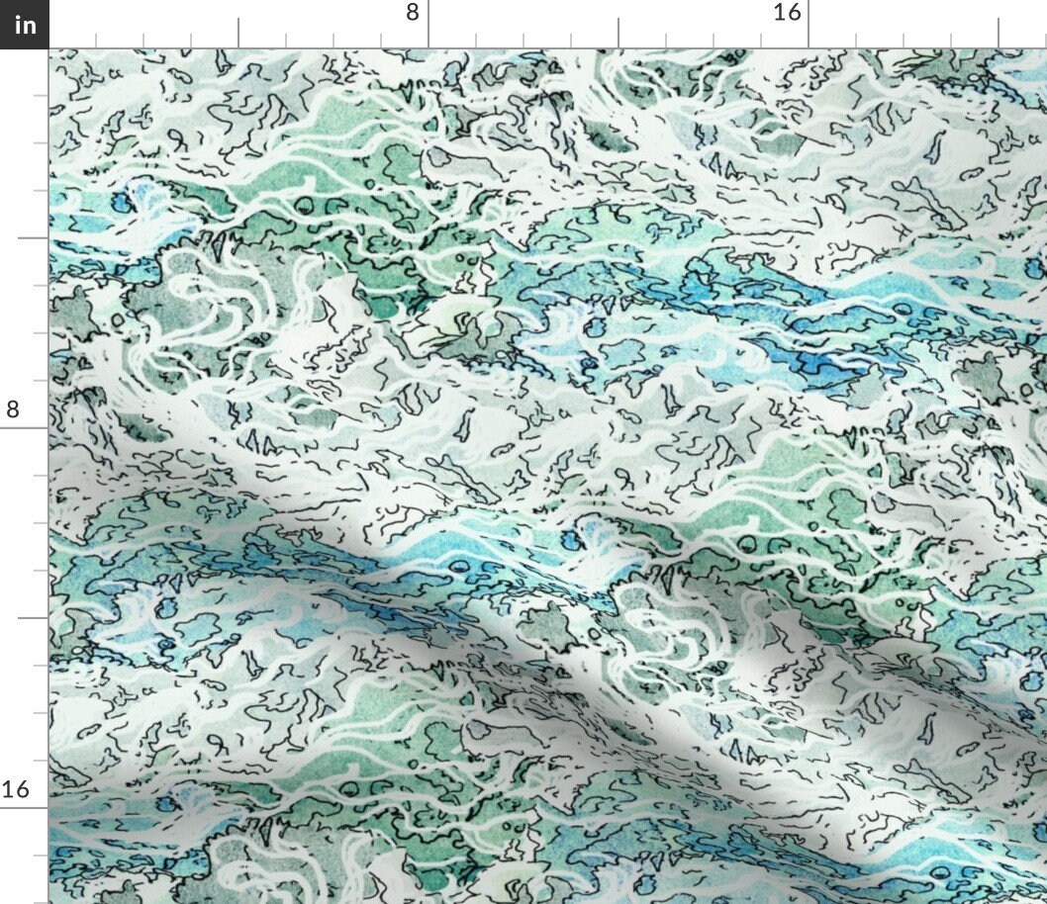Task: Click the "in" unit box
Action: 24,24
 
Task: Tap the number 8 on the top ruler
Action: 412,13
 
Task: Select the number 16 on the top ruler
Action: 787,13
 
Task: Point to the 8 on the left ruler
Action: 13,409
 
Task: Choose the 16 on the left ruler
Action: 15,789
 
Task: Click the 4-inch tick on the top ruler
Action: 238,34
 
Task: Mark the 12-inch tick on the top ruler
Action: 619,34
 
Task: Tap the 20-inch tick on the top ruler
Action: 999,34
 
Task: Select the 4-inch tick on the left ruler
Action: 34,238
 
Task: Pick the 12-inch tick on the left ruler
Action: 34,618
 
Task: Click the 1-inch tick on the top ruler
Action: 96,41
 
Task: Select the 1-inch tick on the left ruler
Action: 41,96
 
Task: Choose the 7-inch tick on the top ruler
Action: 381,41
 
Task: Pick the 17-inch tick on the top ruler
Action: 856,41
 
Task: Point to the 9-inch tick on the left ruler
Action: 41,476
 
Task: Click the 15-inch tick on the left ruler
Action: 41,761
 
